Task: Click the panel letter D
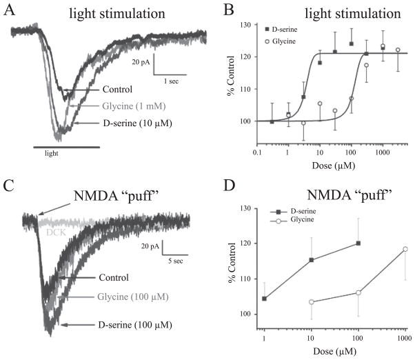click(230, 187)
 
